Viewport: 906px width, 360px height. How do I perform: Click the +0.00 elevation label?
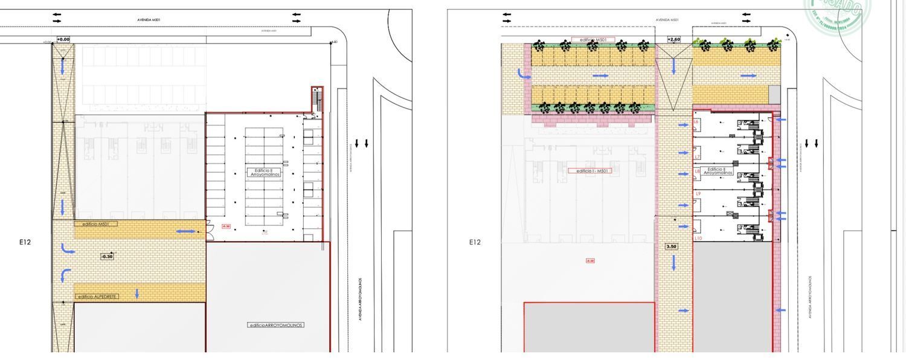coord(63,39)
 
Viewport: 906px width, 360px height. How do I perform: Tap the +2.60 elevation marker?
coord(673,39)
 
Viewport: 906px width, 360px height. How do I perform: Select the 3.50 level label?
coord(671,246)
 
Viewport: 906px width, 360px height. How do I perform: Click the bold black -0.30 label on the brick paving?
coord(106,257)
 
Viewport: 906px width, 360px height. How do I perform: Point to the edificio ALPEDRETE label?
coord(97,297)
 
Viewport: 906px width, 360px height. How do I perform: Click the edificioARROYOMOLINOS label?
coord(276,325)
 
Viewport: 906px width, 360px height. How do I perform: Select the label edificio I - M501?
coord(590,171)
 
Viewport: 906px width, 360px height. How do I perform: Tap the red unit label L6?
coord(696,122)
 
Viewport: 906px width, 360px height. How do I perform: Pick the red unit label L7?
coord(697,157)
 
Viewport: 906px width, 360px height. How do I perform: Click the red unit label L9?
coord(698,194)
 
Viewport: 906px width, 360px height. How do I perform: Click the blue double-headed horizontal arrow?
coord(185,231)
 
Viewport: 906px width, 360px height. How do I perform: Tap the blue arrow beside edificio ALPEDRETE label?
coord(137,294)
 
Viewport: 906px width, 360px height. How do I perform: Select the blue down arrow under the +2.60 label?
coord(673,66)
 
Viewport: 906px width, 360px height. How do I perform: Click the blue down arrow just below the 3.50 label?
coord(673,263)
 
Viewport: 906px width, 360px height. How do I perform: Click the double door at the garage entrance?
coord(209,228)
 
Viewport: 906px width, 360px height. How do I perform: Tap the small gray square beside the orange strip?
coord(774,94)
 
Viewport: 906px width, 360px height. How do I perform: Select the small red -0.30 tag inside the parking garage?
coord(226,227)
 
